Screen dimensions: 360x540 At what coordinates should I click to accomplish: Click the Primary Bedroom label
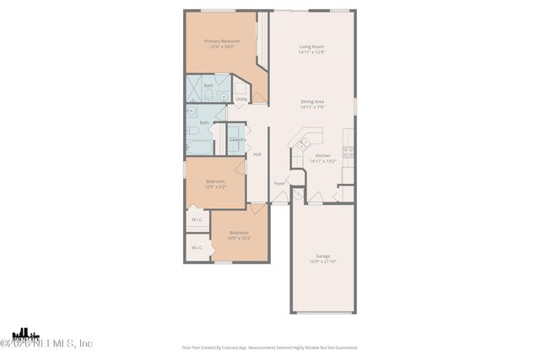tap(222, 41)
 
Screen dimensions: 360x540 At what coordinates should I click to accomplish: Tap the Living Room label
tap(311, 46)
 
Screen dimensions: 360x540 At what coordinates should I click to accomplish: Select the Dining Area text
tap(312, 102)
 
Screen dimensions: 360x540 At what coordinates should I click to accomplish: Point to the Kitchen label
tap(322, 155)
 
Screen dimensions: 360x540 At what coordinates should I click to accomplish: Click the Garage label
tap(322, 255)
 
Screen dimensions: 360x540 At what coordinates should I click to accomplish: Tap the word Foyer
tap(279, 183)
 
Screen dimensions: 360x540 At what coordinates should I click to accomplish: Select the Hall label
tap(257, 153)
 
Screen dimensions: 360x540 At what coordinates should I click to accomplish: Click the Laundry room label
tap(237, 139)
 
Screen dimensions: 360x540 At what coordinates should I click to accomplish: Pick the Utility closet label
tap(241, 99)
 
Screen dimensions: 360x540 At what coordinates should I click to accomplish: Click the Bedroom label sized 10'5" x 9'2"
tap(216, 181)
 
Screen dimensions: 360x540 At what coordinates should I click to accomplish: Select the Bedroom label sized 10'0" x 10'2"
tap(239, 233)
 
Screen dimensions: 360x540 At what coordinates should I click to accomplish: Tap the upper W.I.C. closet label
tap(197, 219)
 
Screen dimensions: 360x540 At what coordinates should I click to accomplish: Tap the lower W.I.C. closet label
tap(197, 248)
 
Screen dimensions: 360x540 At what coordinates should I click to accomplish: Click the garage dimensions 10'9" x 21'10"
tap(322, 261)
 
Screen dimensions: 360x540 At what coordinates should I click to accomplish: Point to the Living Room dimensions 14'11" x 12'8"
tap(311, 52)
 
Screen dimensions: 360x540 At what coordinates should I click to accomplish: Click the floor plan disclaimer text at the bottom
tap(270, 347)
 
